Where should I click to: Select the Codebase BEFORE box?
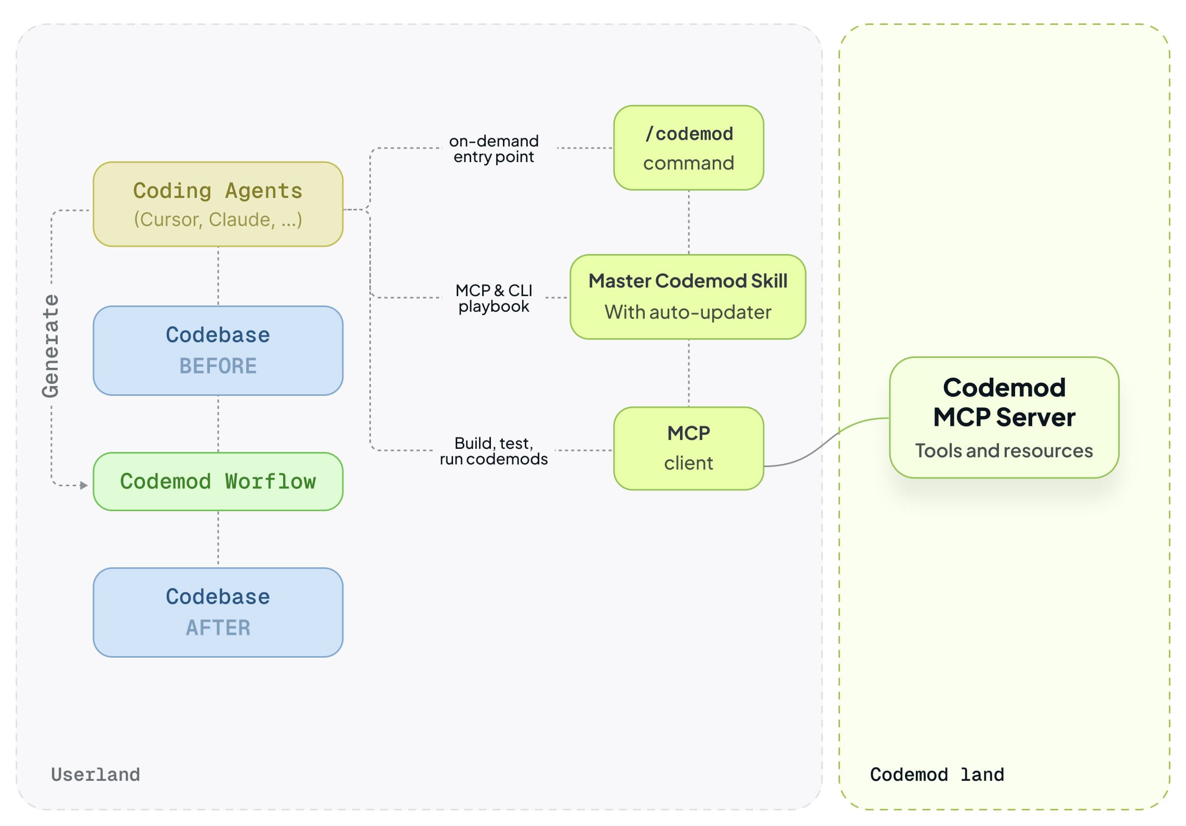tap(218, 350)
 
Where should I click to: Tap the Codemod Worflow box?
tap(218, 482)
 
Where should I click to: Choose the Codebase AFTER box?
tap(218, 612)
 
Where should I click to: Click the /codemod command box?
tap(688, 148)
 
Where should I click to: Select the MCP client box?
tap(688, 448)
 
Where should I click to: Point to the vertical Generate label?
tap(51, 346)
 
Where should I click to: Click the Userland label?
tap(96, 774)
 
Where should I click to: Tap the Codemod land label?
tap(936, 774)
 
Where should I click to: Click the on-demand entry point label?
tap(493, 149)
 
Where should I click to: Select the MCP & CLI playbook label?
tap(493, 298)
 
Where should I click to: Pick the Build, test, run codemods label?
tap(493, 450)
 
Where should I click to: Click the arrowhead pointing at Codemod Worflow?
tap(84, 485)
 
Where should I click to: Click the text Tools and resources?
tap(1003, 450)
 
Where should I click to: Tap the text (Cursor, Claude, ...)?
tap(218, 219)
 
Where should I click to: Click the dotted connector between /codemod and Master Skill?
tap(688, 222)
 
